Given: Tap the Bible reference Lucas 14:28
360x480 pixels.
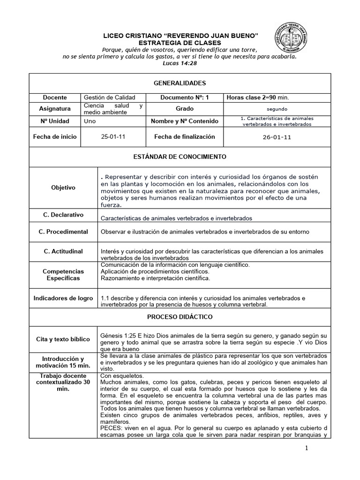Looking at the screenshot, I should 180,63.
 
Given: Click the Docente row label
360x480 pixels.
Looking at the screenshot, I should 55,97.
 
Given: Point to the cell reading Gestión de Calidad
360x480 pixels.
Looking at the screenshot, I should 109,97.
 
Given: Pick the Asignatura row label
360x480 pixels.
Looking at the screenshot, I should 55,109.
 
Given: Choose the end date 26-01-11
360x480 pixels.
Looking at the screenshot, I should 277,138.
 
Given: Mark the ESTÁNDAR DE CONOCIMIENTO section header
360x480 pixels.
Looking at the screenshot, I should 180,157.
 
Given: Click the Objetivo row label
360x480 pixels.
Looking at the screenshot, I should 63,187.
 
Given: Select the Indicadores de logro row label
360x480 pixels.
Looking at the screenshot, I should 63,298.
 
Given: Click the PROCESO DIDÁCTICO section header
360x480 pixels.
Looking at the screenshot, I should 180,317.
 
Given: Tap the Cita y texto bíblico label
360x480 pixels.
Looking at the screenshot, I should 63,339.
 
